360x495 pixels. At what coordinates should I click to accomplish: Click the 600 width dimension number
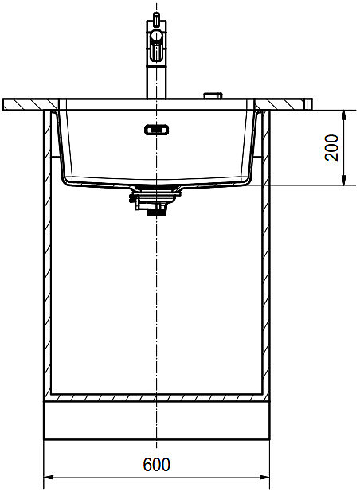[156, 465]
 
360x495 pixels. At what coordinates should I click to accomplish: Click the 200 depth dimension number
[331, 147]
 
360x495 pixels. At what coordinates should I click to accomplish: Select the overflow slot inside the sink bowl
[156, 130]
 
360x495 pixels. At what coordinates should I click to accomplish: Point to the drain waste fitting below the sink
[155, 200]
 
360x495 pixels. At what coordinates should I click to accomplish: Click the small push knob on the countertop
[213, 95]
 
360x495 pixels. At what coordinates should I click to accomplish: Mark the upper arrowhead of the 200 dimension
[344, 115]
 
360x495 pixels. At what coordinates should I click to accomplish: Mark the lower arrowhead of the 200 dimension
[344, 180]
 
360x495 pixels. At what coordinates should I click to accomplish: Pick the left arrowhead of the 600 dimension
[49, 477]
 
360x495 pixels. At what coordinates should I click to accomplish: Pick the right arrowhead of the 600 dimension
[265, 477]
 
